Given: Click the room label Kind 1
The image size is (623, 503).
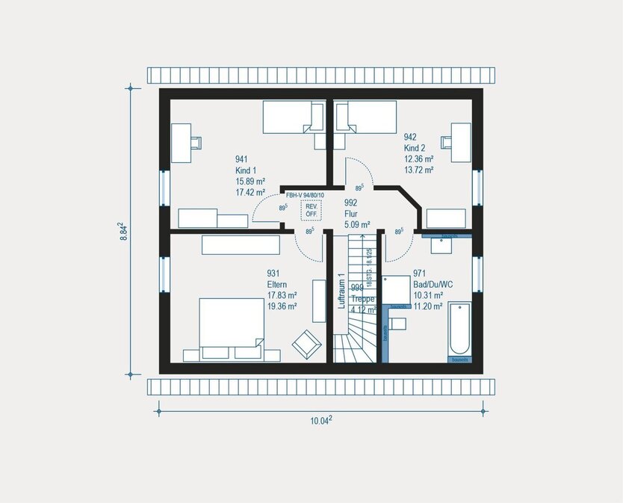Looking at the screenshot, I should tap(246, 170).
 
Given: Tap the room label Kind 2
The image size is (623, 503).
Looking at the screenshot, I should tap(415, 148).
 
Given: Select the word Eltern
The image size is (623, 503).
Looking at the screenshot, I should tap(277, 284).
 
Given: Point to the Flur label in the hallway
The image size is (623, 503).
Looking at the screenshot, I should tap(351, 213).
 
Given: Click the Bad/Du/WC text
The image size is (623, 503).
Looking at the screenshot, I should tap(433, 284).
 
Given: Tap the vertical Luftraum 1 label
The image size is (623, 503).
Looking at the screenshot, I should tap(341, 291).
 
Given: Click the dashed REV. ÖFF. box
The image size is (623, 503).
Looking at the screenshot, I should tap(310, 210).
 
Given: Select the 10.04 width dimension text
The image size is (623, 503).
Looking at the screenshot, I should tap(321, 421).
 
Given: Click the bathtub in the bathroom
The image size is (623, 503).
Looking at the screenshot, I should tap(459, 331).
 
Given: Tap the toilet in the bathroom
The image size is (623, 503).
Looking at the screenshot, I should tap(397, 324).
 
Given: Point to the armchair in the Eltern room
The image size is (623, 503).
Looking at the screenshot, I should tap(305, 342).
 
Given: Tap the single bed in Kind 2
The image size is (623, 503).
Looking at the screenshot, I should tap(365, 117).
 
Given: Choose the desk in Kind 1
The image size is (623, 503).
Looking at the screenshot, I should tap(182, 142).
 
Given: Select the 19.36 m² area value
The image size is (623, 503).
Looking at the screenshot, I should tap(282, 306).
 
